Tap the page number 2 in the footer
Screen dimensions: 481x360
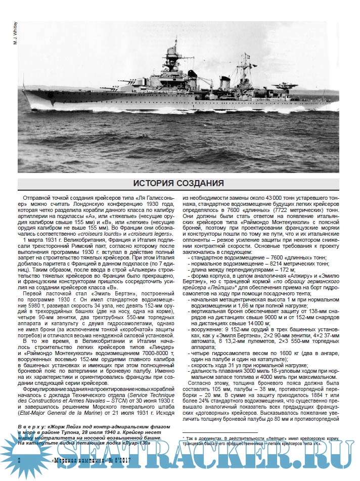[x=19, y=461]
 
